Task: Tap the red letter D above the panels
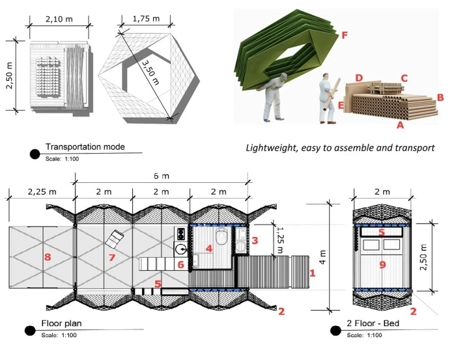point(359,78)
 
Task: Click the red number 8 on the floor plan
point(47,256)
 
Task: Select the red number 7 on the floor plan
point(111,258)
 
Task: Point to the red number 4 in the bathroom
point(208,248)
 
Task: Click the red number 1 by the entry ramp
point(313,273)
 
